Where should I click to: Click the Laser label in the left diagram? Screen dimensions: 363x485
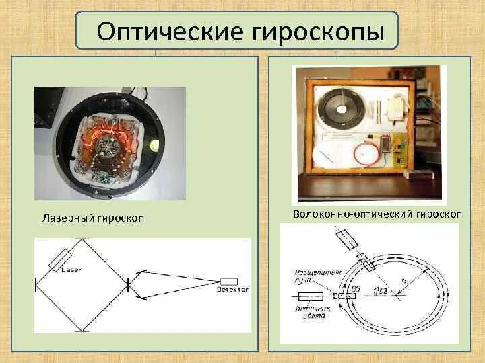(x=71, y=270)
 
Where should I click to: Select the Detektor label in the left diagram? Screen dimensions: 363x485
(x=233, y=289)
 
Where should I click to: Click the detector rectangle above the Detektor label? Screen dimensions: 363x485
(x=229, y=281)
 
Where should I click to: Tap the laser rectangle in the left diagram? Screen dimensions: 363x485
(x=63, y=260)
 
